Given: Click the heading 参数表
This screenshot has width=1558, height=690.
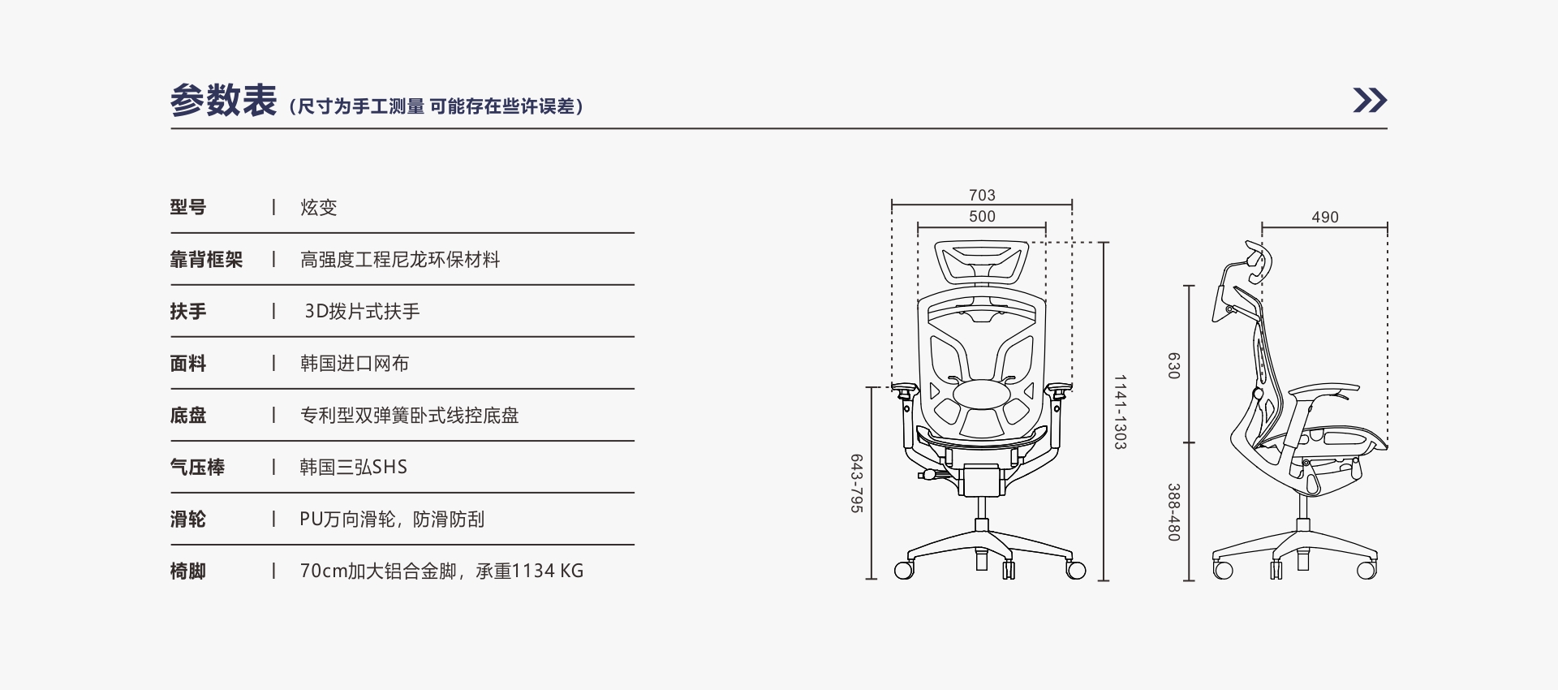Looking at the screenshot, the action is [x=223, y=101].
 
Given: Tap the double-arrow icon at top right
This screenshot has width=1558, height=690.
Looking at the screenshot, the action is [x=1370, y=100].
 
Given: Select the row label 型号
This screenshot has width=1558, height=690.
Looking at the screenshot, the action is [x=188, y=207].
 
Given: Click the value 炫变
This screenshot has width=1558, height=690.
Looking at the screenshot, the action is [x=318, y=207].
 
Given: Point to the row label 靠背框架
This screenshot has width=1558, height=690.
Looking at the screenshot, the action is [x=206, y=259].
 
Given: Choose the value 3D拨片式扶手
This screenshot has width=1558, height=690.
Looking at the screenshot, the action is [x=362, y=311].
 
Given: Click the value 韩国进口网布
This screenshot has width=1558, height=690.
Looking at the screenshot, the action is [x=355, y=363].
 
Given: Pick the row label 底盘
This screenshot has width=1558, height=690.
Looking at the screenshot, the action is [x=188, y=415].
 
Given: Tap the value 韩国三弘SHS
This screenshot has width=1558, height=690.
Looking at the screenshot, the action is [x=354, y=467].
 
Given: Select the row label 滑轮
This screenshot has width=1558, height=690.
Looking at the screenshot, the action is [x=188, y=519].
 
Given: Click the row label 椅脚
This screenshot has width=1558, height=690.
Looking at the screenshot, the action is [x=188, y=571].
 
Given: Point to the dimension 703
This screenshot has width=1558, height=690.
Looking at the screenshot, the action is [x=982, y=195].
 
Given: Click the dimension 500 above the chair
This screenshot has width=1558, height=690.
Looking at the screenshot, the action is [x=982, y=216].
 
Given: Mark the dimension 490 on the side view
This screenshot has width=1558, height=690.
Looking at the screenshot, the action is [x=1325, y=217].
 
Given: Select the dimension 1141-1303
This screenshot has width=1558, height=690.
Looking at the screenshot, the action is [x=1120, y=412].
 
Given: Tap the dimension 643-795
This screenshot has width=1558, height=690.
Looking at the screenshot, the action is [x=856, y=483].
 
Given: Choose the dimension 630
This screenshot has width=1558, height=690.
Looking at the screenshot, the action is [x=1173, y=365].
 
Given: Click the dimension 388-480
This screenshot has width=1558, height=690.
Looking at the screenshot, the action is [x=1173, y=513].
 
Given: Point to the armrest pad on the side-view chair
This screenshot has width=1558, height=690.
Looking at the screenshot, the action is [x=1322, y=390].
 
